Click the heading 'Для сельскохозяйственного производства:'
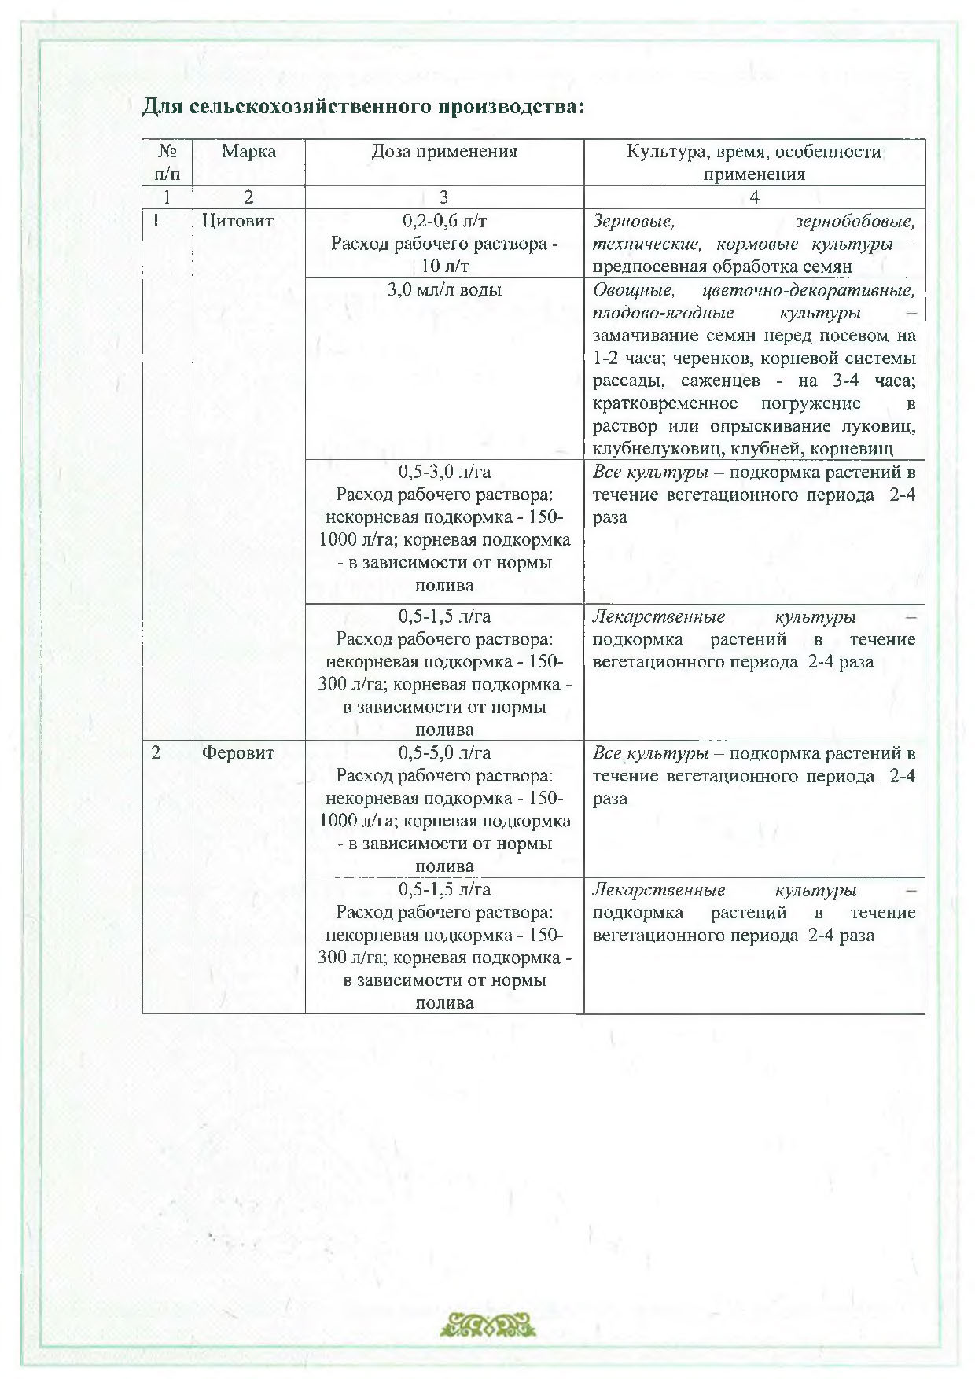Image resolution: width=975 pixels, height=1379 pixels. click(363, 106)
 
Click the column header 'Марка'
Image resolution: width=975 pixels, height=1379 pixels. click(248, 152)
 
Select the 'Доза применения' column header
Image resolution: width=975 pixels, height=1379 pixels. click(444, 152)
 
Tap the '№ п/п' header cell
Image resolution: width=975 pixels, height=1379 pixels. click(167, 162)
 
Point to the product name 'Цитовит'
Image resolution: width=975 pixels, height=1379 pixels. click(237, 221)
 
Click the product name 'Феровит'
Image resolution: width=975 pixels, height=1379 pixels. click(237, 753)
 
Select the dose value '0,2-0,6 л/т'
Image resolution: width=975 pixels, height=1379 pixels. click(444, 221)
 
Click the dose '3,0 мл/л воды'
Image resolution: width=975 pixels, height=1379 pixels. click(444, 290)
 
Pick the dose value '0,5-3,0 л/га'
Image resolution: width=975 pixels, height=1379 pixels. click(444, 473)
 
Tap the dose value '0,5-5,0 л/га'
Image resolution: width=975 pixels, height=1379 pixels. click(444, 753)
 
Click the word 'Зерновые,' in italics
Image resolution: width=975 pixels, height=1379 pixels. click(633, 221)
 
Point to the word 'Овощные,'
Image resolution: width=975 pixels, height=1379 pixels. click(633, 290)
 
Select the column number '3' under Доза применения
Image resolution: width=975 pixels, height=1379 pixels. click(444, 197)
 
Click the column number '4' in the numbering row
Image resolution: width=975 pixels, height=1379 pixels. click(754, 197)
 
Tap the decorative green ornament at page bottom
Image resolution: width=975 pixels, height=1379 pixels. click(487, 1325)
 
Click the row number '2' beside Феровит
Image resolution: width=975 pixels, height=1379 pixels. click(156, 753)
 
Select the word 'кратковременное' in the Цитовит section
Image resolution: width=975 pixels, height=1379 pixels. click(665, 404)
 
